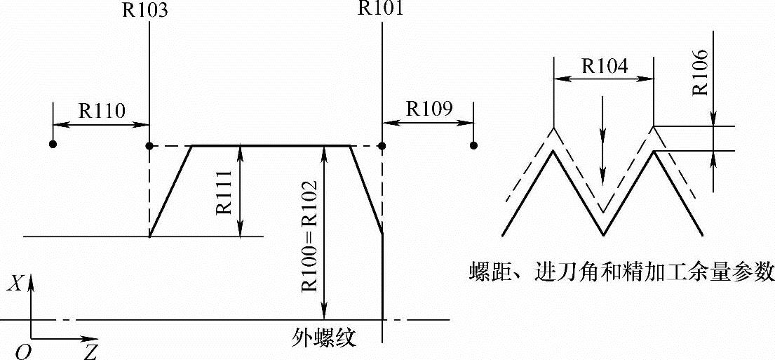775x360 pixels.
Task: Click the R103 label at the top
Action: click(149, 9)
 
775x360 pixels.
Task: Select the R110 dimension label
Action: click(101, 110)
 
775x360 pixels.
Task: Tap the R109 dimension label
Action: click(429, 108)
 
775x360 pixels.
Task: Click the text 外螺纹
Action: click(324, 338)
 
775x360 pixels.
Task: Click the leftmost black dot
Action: click(53, 145)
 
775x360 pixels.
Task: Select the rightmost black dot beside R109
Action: click(474, 145)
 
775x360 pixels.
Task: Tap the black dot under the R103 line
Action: click(149, 146)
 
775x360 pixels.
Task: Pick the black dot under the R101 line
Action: click(382, 146)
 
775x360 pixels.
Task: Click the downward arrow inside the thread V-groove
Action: click(602, 172)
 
